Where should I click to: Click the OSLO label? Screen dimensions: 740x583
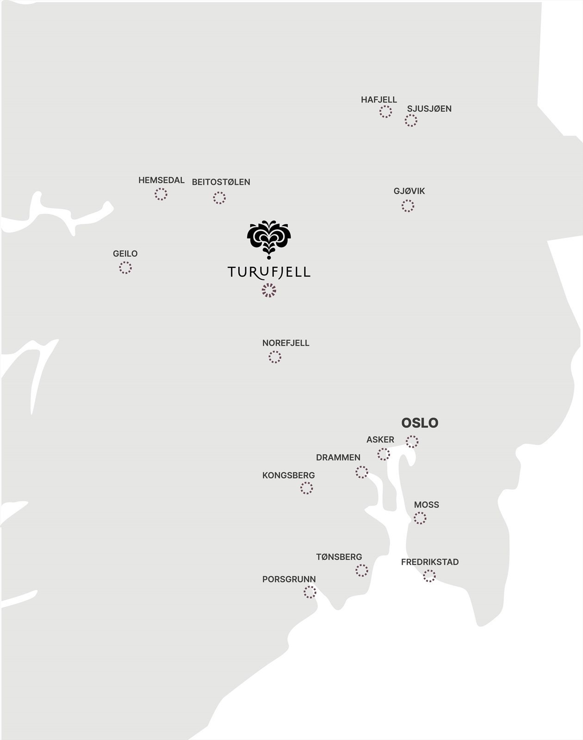420,423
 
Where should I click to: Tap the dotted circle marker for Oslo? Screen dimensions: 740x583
412,441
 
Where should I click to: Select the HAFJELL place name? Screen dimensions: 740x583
379,99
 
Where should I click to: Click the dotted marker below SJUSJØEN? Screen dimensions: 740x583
411,121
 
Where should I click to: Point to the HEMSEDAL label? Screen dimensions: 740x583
161,180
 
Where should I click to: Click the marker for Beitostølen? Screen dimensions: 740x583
219,198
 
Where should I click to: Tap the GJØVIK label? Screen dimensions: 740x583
409,191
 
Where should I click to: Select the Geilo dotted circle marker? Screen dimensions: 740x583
125,267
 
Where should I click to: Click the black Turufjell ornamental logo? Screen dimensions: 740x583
269,239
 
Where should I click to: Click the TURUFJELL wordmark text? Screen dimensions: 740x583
269,271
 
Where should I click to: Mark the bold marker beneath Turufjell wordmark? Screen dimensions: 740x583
269,290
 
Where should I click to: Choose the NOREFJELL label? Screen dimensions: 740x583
285,343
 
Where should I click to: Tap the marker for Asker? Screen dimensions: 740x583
384,454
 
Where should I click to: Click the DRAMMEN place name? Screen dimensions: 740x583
338,457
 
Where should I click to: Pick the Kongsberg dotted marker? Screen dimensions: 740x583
306,488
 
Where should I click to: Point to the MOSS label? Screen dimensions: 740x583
427,505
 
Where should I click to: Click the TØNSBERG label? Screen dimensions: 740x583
339,557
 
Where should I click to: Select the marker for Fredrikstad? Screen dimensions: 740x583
429,576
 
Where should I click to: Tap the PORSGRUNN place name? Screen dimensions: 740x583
289,579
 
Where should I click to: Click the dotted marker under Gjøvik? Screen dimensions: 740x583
408,206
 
